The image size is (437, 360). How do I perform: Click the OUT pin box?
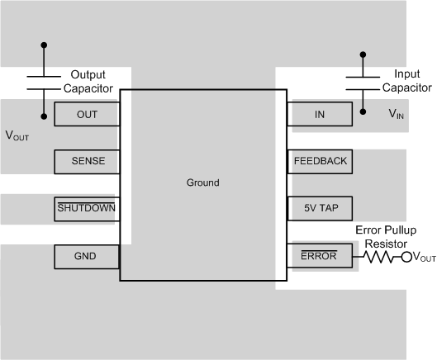87,115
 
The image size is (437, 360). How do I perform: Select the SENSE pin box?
87,161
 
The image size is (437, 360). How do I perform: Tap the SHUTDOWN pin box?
87,208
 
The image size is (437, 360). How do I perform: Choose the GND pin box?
87,256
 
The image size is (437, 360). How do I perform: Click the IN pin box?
320,115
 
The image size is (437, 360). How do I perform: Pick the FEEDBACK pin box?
320,161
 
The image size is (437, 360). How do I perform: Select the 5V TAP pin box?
320,208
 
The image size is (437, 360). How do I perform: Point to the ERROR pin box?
320,256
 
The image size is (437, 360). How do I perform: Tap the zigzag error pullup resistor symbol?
381,257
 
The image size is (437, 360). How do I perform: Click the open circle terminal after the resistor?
406,257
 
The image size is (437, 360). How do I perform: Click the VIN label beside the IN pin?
397,116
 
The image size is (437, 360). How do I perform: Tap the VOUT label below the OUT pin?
17,135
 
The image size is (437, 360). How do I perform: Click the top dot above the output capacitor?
44,46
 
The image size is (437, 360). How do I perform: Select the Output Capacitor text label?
95,81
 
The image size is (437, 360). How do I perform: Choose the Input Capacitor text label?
406,80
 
